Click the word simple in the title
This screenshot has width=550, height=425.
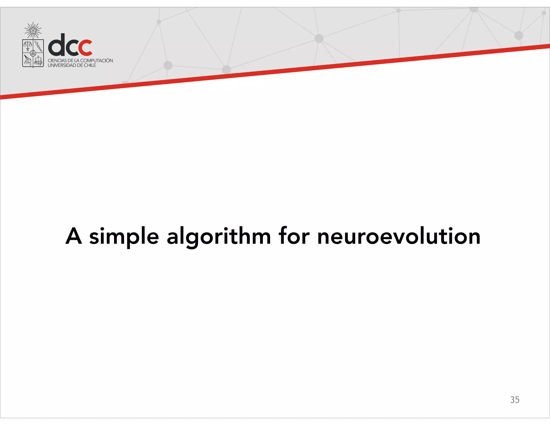click(x=124, y=236)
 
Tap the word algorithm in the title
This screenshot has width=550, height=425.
click(x=219, y=236)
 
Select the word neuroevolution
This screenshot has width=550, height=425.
click(x=399, y=236)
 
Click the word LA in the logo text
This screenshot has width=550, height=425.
click(x=77, y=61)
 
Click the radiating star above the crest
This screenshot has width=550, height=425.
click(x=33, y=30)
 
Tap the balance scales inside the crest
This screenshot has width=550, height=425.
click(x=28, y=45)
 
